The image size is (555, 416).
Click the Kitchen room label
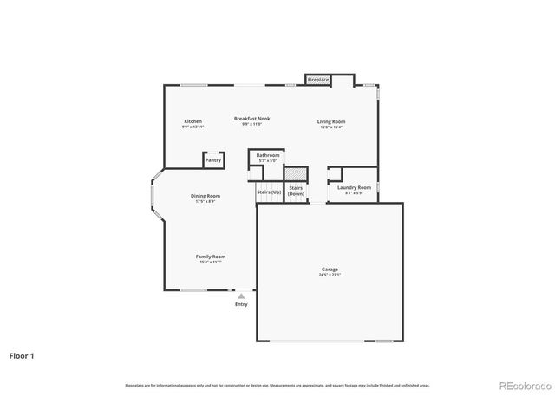(x=193, y=121)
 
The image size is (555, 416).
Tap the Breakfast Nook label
(x=251, y=118)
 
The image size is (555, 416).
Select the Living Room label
(x=330, y=121)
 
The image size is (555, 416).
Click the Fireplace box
(x=318, y=80)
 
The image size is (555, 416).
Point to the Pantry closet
(x=212, y=159)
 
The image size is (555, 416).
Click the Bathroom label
(x=267, y=155)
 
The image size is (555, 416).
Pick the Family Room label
(x=210, y=257)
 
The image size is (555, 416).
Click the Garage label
(x=329, y=269)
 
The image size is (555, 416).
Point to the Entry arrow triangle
(x=241, y=296)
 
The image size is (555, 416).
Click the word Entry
(x=241, y=304)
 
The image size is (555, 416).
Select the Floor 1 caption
(x=22, y=355)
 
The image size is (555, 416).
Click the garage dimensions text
(x=329, y=275)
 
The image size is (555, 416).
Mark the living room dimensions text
(x=330, y=127)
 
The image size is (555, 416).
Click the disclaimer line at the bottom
(x=277, y=385)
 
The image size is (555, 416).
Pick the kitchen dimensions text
(x=193, y=127)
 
